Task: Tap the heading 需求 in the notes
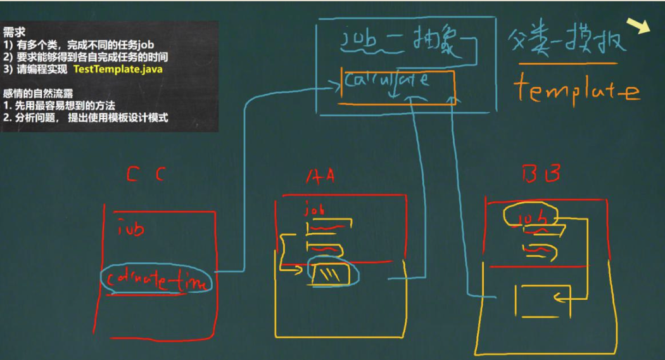[x=14, y=33]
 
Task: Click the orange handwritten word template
[x=576, y=90]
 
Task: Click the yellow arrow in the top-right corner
[x=639, y=26]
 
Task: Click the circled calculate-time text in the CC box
[x=156, y=280]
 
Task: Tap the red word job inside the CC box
[x=131, y=228]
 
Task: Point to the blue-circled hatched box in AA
[x=332, y=274]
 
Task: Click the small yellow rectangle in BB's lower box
[x=542, y=300]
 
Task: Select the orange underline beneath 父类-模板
[x=567, y=63]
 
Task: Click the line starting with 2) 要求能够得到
[x=86, y=57]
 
